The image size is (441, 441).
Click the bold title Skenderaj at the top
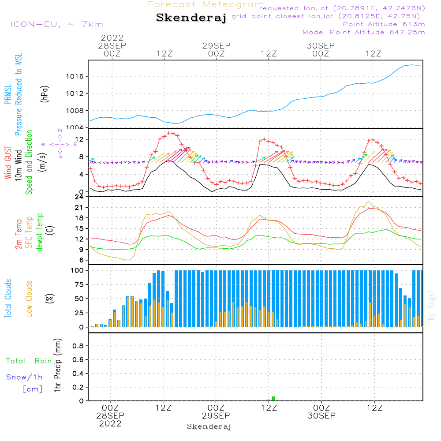coord(191,18)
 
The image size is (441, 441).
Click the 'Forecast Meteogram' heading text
coord(206,4)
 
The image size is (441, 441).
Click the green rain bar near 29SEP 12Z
coord(273,399)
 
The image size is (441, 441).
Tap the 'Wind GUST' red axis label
coord(8,163)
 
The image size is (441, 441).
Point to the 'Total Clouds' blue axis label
coord(8,299)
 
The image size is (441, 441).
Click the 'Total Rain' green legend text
coord(29,361)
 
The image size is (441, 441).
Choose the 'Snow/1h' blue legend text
coord(25,377)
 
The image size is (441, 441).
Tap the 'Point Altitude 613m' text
coord(384,24)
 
